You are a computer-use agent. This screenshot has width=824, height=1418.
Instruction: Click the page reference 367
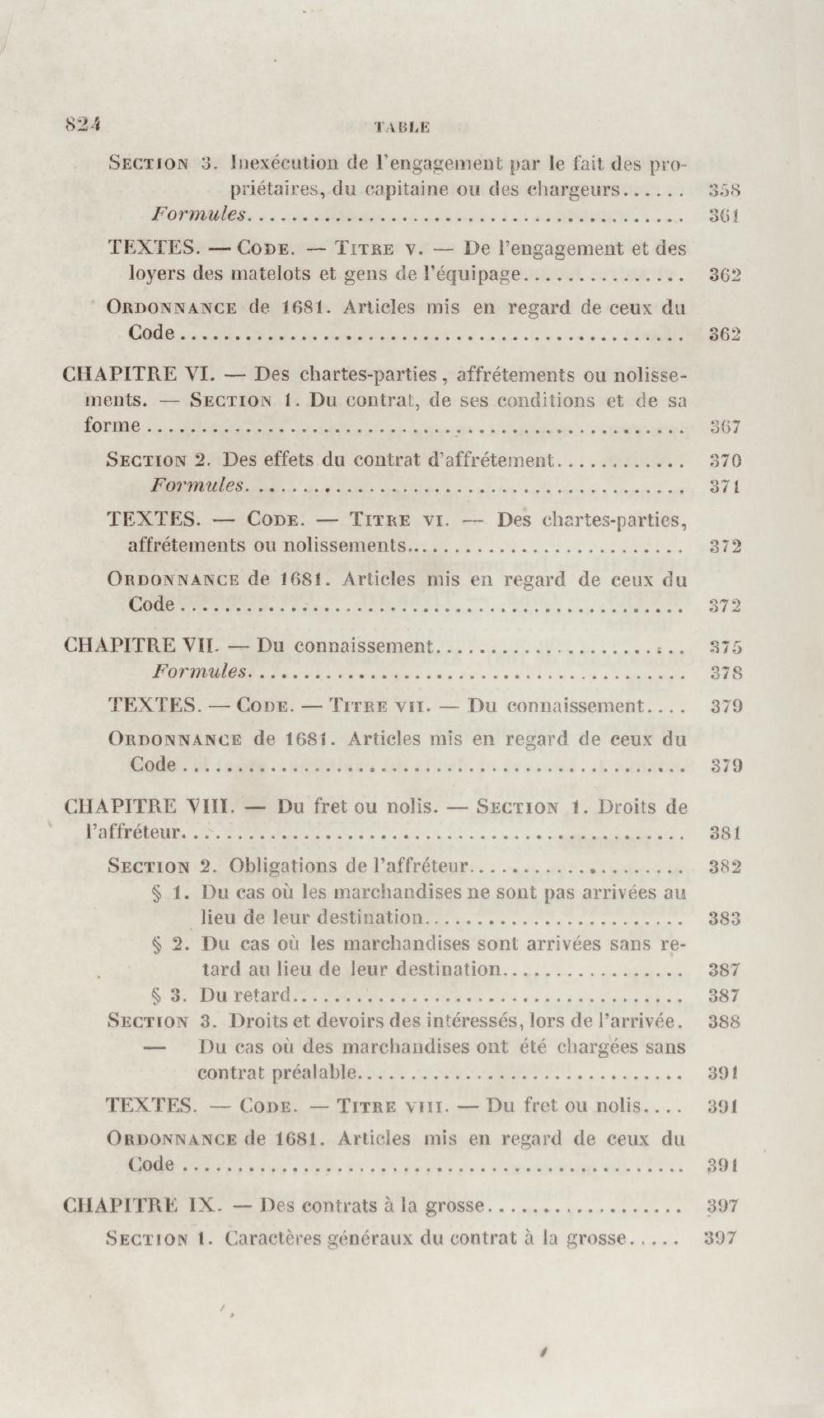click(724, 427)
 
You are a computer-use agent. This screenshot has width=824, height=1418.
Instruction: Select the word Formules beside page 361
click(200, 214)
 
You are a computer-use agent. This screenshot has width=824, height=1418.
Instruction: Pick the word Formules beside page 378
click(200, 672)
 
